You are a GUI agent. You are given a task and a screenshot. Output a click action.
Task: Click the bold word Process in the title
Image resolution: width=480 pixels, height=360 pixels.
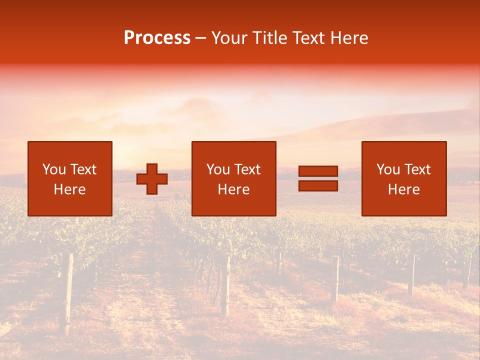pos(157,38)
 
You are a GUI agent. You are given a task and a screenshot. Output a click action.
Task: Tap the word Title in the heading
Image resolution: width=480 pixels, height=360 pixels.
pos(268,38)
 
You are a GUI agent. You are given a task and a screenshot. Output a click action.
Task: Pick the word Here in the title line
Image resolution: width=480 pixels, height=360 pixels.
pos(350,38)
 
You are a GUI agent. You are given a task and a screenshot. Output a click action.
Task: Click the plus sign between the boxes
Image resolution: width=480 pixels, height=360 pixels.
pos(152,179)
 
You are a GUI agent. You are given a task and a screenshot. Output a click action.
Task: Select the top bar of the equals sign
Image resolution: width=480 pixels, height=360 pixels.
pos(318,171)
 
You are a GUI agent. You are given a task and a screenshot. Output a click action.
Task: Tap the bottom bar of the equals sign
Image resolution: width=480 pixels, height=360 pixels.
pos(318,186)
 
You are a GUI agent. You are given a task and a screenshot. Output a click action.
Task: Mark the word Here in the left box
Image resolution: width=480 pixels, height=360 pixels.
pos(69,189)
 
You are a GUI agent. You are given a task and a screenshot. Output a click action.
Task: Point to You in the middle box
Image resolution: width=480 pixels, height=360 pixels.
pos(218,169)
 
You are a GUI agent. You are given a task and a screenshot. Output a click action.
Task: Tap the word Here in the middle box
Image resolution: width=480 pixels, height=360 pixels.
pos(233,189)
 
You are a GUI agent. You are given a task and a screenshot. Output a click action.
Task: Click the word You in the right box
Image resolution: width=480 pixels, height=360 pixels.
pos(388,169)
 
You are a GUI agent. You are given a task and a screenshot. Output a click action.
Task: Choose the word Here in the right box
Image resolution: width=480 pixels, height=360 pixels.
pos(403,189)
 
